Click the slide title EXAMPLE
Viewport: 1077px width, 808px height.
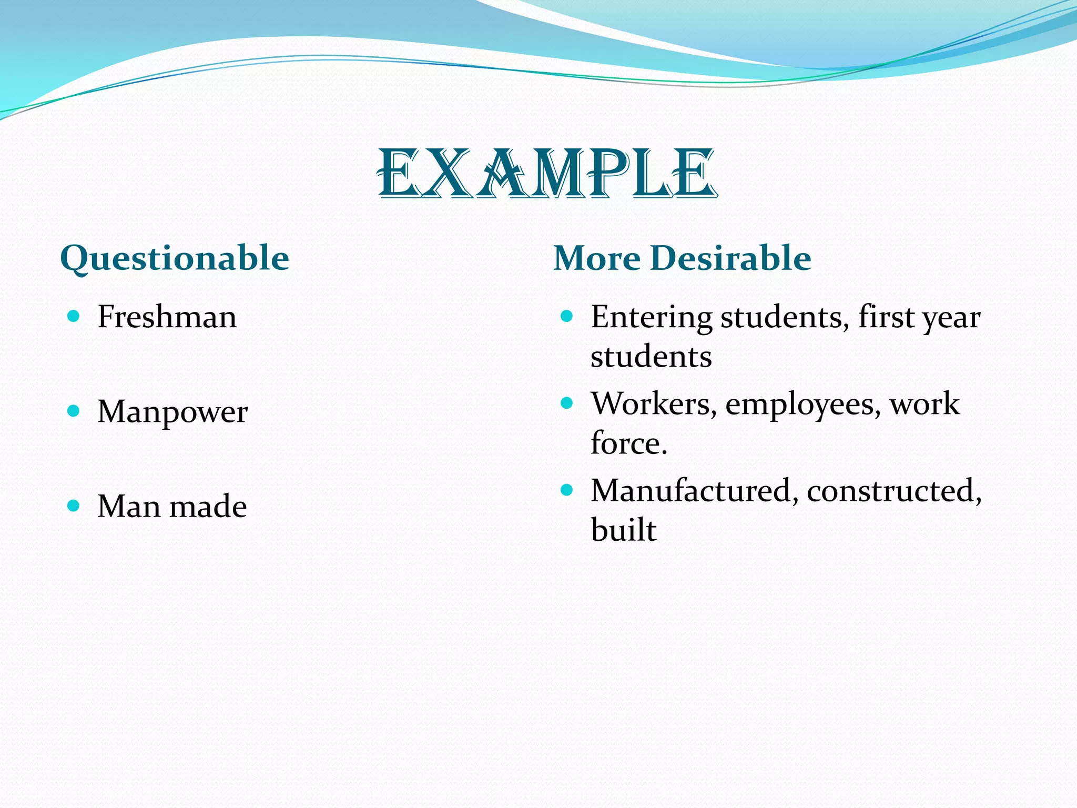pyautogui.click(x=547, y=174)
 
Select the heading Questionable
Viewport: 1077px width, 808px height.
pyautogui.click(x=175, y=258)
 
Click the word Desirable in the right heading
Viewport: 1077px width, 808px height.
pyautogui.click(x=730, y=258)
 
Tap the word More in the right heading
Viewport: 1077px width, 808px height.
pyautogui.click(x=597, y=258)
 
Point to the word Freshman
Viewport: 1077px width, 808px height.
pyautogui.click(x=167, y=317)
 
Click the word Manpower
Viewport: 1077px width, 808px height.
pyautogui.click(x=172, y=412)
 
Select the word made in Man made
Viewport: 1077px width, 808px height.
pyautogui.click(x=208, y=507)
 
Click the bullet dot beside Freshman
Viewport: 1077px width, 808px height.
pyautogui.click(x=74, y=316)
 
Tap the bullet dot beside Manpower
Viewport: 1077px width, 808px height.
pyautogui.click(x=74, y=410)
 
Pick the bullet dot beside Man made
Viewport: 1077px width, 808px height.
pyautogui.click(x=74, y=506)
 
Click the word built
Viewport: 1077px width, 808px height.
pyautogui.click(x=624, y=530)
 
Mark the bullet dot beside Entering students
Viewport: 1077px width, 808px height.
pyautogui.click(x=566, y=316)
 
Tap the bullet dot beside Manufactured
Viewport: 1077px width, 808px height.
pyautogui.click(x=566, y=490)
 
